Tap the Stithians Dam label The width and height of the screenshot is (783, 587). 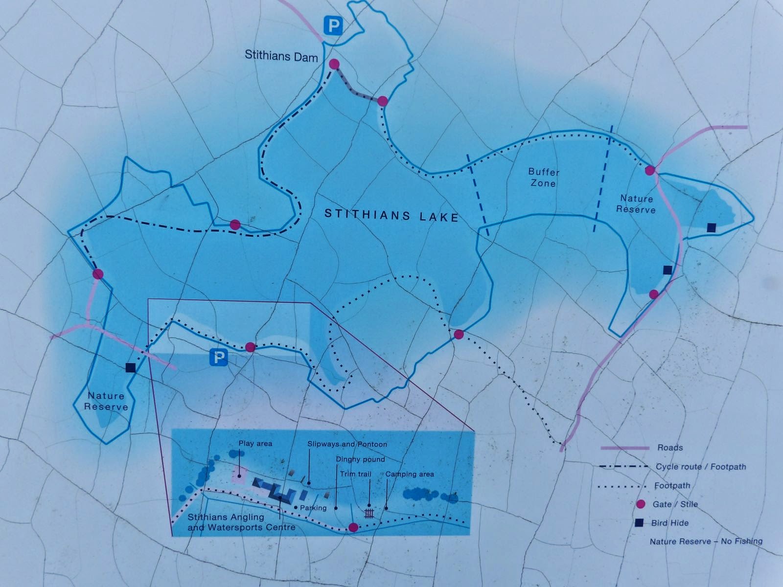[x=281, y=56]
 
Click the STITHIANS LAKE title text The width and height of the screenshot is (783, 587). [x=391, y=215]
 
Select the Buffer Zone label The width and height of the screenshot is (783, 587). [x=543, y=178]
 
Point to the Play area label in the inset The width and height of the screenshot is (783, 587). [x=255, y=444]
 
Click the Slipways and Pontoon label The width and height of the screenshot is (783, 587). [x=347, y=444]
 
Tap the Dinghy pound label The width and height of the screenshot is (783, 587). [x=360, y=459]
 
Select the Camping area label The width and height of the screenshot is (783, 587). [x=410, y=474]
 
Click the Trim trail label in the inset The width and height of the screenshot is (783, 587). [x=356, y=474]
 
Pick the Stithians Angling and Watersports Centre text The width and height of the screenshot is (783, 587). [x=241, y=522]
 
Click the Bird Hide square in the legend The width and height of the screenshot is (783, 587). [x=639, y=523]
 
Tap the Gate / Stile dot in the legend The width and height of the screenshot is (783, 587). [x=640, y=504]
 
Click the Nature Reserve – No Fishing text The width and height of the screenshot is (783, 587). [x=706, y=542]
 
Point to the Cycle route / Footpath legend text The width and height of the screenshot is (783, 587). [x=701, y=467]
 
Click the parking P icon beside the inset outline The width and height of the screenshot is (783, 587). [x=219, y=358]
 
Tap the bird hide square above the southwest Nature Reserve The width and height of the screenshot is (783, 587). [x=130, y=368]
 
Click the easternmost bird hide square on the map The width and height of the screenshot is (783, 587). [x=712, y=227]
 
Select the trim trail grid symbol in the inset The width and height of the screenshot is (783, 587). [x=369, y=513]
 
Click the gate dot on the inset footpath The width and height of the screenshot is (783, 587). [x=353, y=527]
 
